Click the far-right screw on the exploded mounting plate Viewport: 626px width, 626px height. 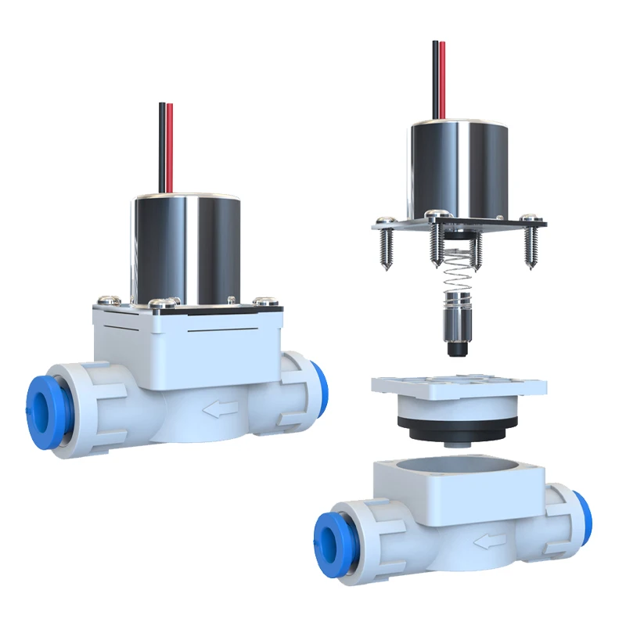click(532, 243)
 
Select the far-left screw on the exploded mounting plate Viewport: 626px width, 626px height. click(383, 246)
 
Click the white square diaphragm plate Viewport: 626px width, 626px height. click(458, 385)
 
